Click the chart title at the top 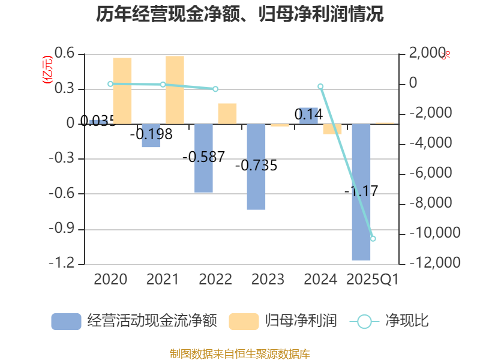(239, 14)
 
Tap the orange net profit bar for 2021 (175, 90)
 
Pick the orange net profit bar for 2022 (227, 113)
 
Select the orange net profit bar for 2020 (122, 91)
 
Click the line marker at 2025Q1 (373, 239)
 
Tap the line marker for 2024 (320, 87)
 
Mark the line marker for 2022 (215, 89)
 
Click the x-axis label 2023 (268, 280)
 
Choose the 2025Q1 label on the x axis (373, 280)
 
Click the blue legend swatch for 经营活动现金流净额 (66, 321)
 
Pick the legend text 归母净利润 (301, 321)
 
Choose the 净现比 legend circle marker (364, 321)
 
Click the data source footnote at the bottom (239, 353)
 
